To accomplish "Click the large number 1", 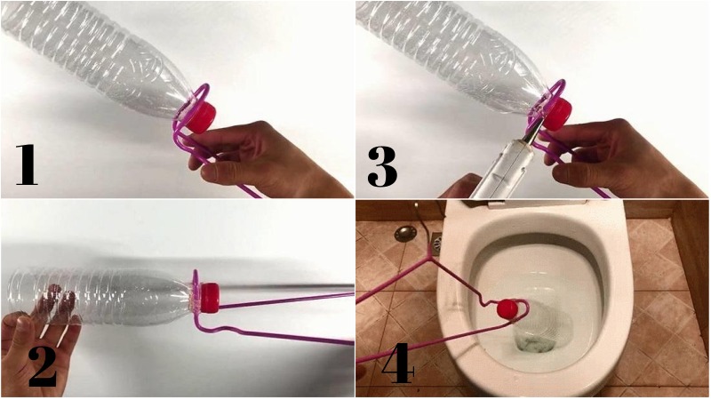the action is (27, 164).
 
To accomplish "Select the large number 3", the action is (382, 166).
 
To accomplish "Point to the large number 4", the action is (397, 363).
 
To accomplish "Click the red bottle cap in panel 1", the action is (202, 117).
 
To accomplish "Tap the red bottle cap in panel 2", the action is (211, 298).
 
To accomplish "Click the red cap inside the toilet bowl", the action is (507, 308).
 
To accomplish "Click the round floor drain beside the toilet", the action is (404, 234).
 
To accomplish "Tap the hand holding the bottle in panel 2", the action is (38, 336).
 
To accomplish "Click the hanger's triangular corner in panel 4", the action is (429, 257).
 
